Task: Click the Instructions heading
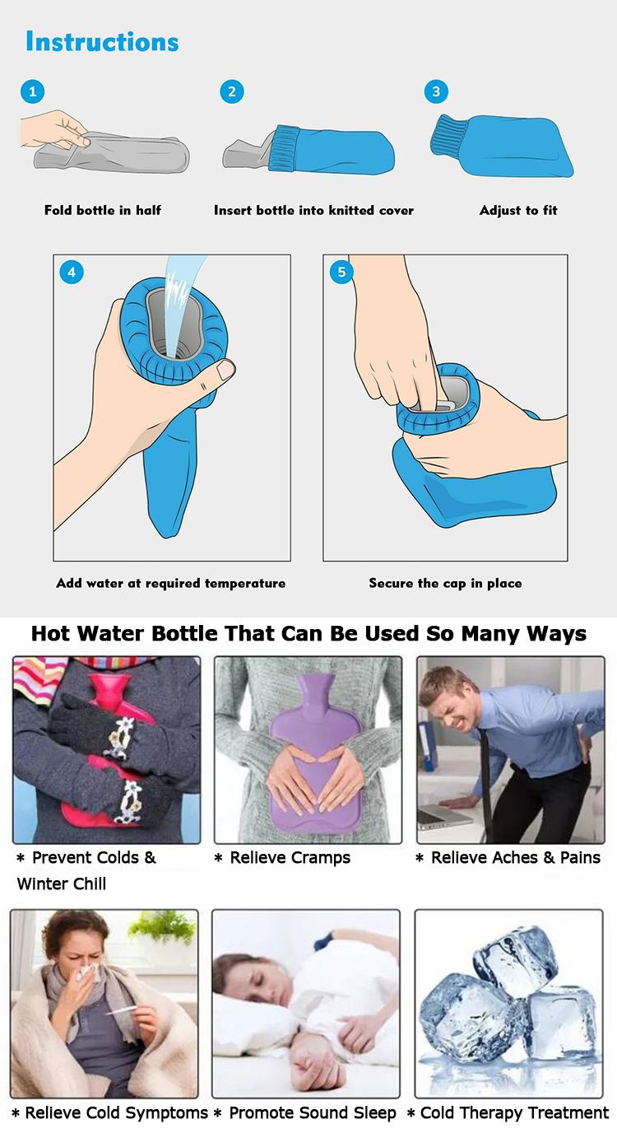[x=102, y=41]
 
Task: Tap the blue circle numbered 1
[x=32, y=91]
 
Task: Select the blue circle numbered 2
[x=232, y=91]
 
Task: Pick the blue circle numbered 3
[x=436, y=91]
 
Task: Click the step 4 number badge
[x=72, y=272]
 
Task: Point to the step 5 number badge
[x=341, y=272]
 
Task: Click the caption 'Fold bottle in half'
[x=103, y=210]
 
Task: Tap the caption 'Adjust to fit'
[x=518, y=210]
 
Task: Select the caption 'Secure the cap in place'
[x=445, y=583]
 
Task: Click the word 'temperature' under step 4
[x=244, y=583]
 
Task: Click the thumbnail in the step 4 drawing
[x=225, y=369]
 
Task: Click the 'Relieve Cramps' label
[x=290, y=857]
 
